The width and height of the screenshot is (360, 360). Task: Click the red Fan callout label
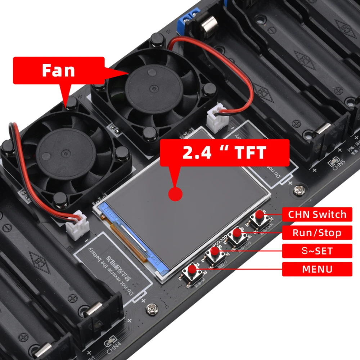(x=59, y=70)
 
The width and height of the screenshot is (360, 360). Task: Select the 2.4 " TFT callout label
(x=224, y=153)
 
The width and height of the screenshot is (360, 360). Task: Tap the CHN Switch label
(x=317, y=215)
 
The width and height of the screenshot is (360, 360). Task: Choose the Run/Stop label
(x=317, y=233)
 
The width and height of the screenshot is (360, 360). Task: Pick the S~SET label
(x=317, y=251)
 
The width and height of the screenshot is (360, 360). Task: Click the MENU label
(x=317, y=269)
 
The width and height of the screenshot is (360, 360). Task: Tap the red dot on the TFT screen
(x=175, y=194)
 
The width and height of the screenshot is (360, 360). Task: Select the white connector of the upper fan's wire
(x=215, y=119)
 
